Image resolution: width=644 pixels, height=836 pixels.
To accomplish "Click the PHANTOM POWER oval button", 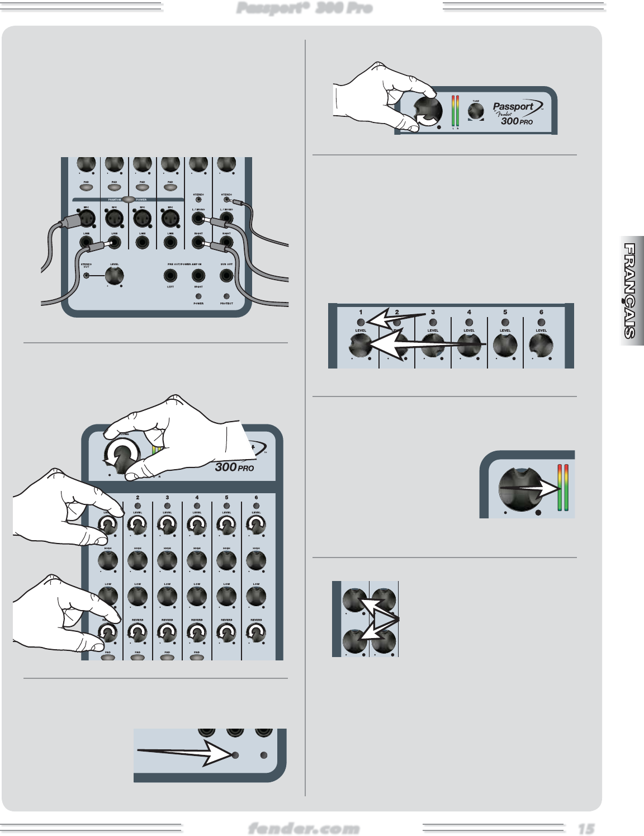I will [x=129, y=199].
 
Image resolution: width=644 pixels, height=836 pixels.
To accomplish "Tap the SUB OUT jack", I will [x=226, y=275].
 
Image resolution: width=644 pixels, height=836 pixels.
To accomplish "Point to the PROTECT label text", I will [x=226, y=304].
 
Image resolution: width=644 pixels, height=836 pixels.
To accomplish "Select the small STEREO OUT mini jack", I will [x=86, y=275].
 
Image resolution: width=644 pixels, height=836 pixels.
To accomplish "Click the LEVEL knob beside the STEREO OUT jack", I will [x=115, y=275].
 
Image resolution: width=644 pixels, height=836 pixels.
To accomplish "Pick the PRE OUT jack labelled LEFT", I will [x=171, y=275].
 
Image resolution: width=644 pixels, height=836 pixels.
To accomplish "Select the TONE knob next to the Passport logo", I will [x=476, y=111].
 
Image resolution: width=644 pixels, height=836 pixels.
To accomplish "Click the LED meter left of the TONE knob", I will [x=455, y=110].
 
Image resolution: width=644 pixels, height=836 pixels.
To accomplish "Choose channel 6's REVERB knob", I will [x=256, y=633].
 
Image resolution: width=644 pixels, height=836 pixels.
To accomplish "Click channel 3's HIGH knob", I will [x=167, y=560].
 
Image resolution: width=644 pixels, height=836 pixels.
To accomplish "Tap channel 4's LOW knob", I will [x=197, y=597].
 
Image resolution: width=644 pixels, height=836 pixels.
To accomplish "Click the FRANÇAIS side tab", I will [x=630, y=291].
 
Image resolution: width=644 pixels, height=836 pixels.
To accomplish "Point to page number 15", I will [x=586, y=829].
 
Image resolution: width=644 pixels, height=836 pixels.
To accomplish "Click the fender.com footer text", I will [x=304, y=828].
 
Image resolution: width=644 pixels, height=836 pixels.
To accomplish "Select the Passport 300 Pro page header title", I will [x=304, y=8].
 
